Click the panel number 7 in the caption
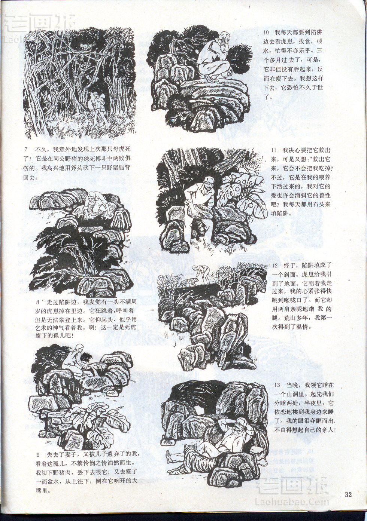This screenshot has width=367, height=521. click(26, 149)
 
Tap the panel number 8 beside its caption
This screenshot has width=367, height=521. click(37, 302)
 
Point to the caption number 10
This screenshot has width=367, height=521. click(266, 33)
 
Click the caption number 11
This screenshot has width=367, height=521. click(274, 150)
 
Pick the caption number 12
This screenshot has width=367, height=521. click(275, 266)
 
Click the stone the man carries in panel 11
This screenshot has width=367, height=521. click(200, 211)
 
